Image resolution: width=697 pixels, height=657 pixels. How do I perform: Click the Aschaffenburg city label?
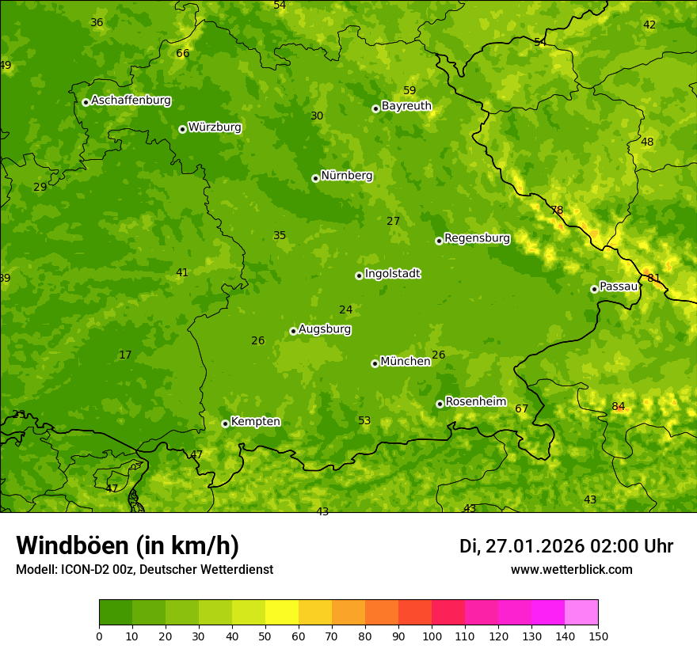tap(131, 101)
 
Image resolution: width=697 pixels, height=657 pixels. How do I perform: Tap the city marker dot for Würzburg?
tap(182, 129)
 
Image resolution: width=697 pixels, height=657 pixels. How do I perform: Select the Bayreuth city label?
tap(406, 106)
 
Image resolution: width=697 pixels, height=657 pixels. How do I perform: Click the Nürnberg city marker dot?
tap(315, 178)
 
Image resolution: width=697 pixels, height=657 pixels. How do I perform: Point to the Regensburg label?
tap(477, 238)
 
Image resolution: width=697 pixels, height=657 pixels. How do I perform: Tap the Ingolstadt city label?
tap(392, 274)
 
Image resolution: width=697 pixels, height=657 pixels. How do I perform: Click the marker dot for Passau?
tap(594, 289)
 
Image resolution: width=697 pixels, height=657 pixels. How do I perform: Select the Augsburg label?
tap(325, 329)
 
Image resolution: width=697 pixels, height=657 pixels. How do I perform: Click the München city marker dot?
tap(375, 363)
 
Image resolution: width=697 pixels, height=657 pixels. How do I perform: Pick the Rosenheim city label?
tap(475, 402)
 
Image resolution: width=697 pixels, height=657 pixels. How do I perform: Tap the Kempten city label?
tap(255, 422)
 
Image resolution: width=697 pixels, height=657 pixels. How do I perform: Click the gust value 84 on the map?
tap(619, 407)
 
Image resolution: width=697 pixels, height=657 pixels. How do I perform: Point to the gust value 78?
tap(557, 211)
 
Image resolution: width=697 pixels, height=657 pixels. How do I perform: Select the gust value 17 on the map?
tap(125, 355)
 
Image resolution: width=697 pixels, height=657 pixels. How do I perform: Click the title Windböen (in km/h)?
tap(128, 545)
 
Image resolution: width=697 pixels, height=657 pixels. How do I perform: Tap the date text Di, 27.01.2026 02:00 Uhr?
tap(566, 546)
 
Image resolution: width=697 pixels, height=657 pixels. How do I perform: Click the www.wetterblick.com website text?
tap(571, 570)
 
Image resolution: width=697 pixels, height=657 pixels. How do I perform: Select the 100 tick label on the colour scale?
tap(432, 636)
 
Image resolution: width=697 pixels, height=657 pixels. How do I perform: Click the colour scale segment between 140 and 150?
tap(581, 613)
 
